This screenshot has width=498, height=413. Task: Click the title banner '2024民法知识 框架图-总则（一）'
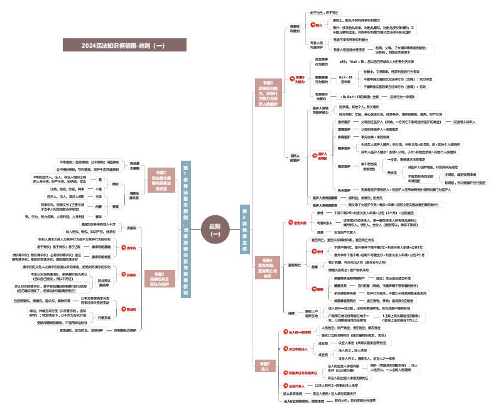(124, 45)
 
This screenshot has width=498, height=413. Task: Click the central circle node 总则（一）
(215, 230)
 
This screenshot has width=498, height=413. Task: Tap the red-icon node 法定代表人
(297, 385)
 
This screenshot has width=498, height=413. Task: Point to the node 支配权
(131, 227)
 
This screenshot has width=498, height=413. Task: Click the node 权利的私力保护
(123, 330)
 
